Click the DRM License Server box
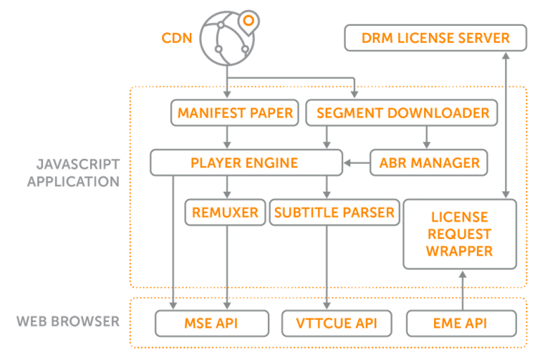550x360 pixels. click(436, 38)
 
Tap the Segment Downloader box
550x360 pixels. click(402, 112)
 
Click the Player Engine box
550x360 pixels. click(246, 162)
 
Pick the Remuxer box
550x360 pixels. click(224, 213)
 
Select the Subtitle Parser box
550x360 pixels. click(334, 213)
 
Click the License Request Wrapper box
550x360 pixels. click(459, 234)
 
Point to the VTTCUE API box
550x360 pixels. click(327, 323)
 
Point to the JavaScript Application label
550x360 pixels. click(72, 172)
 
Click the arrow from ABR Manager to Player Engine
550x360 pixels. click(356, 163)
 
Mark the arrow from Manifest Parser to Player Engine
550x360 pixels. click(227, 137)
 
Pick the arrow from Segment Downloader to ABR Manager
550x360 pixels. click(428, 137)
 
